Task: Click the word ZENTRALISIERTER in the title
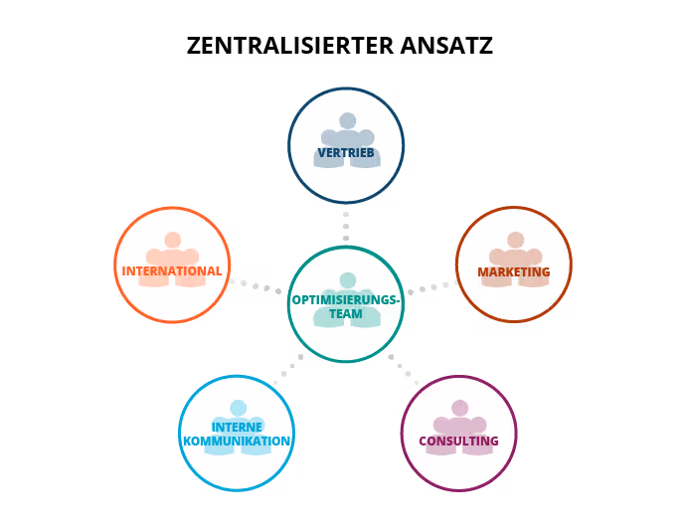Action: click(x=289, y=46)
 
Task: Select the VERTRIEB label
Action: click(x=346, y=153)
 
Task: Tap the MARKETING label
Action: click(x=513, y=271)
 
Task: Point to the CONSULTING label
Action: click(x=458, y=441)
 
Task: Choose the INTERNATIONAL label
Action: click(x=172, y=270)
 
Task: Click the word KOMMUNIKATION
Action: click(x=237, y=441)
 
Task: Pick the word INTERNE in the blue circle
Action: click(x=237, y=428)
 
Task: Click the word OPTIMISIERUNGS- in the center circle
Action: click(x=346, y=299)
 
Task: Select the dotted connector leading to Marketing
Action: click(x=430, y=288)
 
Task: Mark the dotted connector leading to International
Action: click(x=257, y=286)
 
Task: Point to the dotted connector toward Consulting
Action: click(x=404, y=369)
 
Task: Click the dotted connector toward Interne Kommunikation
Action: click(x=288, y=368)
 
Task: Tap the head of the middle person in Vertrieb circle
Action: click(x=347, y=120)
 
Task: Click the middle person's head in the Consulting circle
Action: click(x=459, y=408)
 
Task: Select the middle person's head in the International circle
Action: click(x=172, y=240)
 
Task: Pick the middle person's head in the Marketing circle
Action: click(x=515, y=240)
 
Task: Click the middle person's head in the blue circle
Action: click(x=238, y=408)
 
